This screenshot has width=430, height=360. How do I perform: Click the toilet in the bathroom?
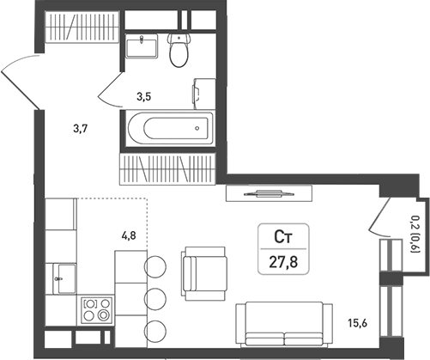[179, 52]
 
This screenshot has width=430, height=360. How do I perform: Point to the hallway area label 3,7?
[81, 129]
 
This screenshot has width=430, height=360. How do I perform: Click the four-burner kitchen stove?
[96, 309]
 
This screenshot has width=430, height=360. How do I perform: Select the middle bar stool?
[155, 298]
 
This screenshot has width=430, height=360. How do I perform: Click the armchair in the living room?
[203, 270]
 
